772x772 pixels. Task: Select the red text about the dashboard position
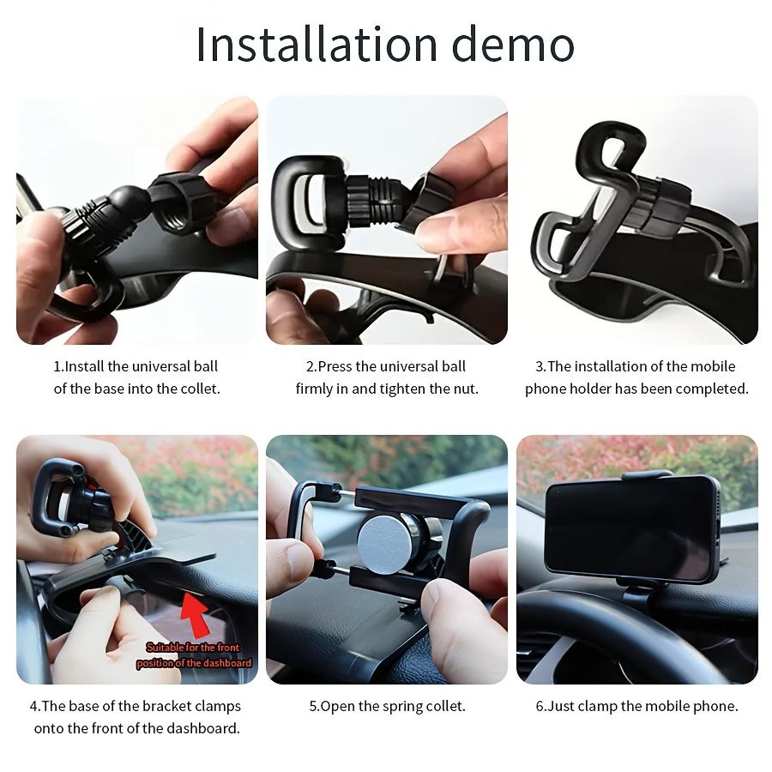point(194,655)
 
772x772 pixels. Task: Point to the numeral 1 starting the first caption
point(57,366)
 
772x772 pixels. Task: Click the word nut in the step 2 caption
point(464,389)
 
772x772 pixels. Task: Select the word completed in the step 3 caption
point(711,389)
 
